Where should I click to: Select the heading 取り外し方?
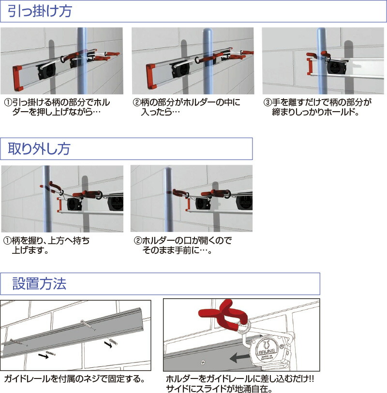pos(39,149)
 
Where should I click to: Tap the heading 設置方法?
pos(39,284)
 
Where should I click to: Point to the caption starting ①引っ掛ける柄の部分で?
pos(58,107)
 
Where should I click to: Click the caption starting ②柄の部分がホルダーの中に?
pos(187,107)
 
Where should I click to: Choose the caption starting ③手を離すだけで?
pos(317,107)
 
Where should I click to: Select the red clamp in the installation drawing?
pos(223,316)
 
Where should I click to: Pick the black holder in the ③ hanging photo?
pos(335,68)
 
